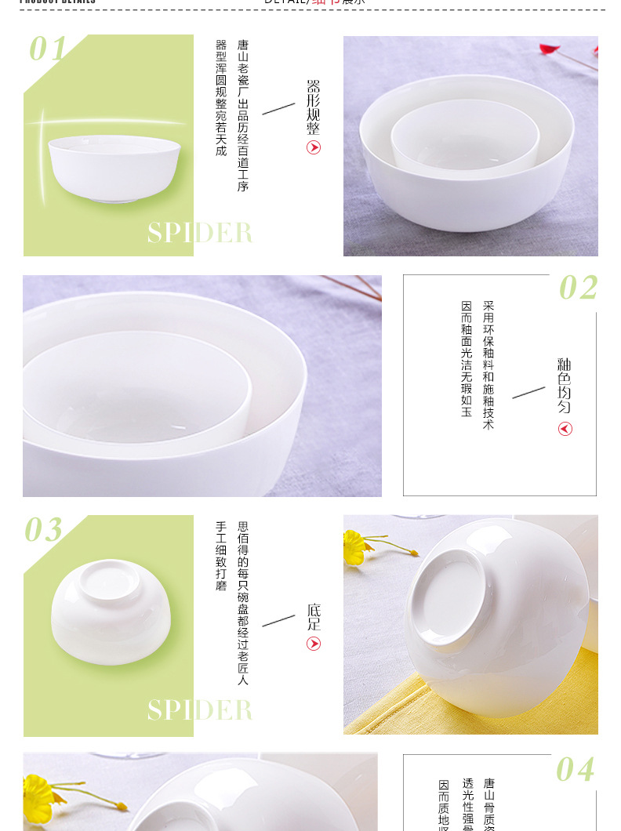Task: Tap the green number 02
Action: pyautogui.click(x=578, y=288)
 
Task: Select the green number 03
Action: pyautogui.click(x=43, y=531)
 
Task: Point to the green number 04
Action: pyautogui.click(x=575, y=770)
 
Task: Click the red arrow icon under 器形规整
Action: pyautogui.click(x=314, y=148)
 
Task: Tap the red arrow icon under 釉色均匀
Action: pyautogui.click(x=565, y=429)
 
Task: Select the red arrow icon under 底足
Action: pyautogui.click(x=314, y=644)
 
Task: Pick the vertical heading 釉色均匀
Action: pyautogui.click(x=565, y=386)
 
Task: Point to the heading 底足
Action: pyautogui.click(x=314, y=617)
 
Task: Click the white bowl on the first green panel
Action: pyautogui.click(x=114, y=169)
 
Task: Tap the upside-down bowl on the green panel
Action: pyautogui.click(x=111, y=611)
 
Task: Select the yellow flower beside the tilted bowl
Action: pyautogui.click(x=358, y=546)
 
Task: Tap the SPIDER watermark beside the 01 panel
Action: pyautogui.click(x=200, y=233)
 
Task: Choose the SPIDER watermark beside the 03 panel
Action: pyautogui.click(x=200, y=710)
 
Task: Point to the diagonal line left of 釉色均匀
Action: pyautogui.click(x=528, y=392)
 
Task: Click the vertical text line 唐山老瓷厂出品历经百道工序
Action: pyautogui.click(x=243, y=116)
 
